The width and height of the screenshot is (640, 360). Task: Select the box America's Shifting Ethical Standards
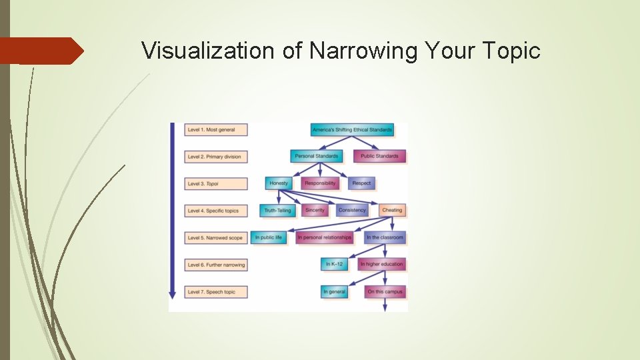tap(352, 129)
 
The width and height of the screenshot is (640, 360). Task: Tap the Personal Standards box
tap(317, 156)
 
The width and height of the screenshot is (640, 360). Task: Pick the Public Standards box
tap(379, 156)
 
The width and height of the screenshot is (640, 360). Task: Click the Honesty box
tap(279, 183)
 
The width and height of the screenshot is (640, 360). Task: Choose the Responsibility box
tap(320, 183)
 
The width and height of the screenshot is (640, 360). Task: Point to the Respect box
tap(361, 183)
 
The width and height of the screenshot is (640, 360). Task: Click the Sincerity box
tap(315, 210)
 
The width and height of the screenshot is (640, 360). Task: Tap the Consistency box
tap(352, 210)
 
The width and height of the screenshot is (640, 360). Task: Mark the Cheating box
tap(392, 210)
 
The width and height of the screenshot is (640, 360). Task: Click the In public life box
tap(269, 237)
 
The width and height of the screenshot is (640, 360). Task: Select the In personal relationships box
tap(324, 237)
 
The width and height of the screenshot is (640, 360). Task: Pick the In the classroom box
tap(385, 237)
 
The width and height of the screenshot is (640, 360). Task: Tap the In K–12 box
tap(335, 264)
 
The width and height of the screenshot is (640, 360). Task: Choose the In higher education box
tap(381, 264)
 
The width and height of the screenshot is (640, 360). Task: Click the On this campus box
tap(385, 291)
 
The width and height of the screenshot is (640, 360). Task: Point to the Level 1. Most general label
tap(216, 129)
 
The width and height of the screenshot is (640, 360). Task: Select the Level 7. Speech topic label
tap(216, 291)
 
